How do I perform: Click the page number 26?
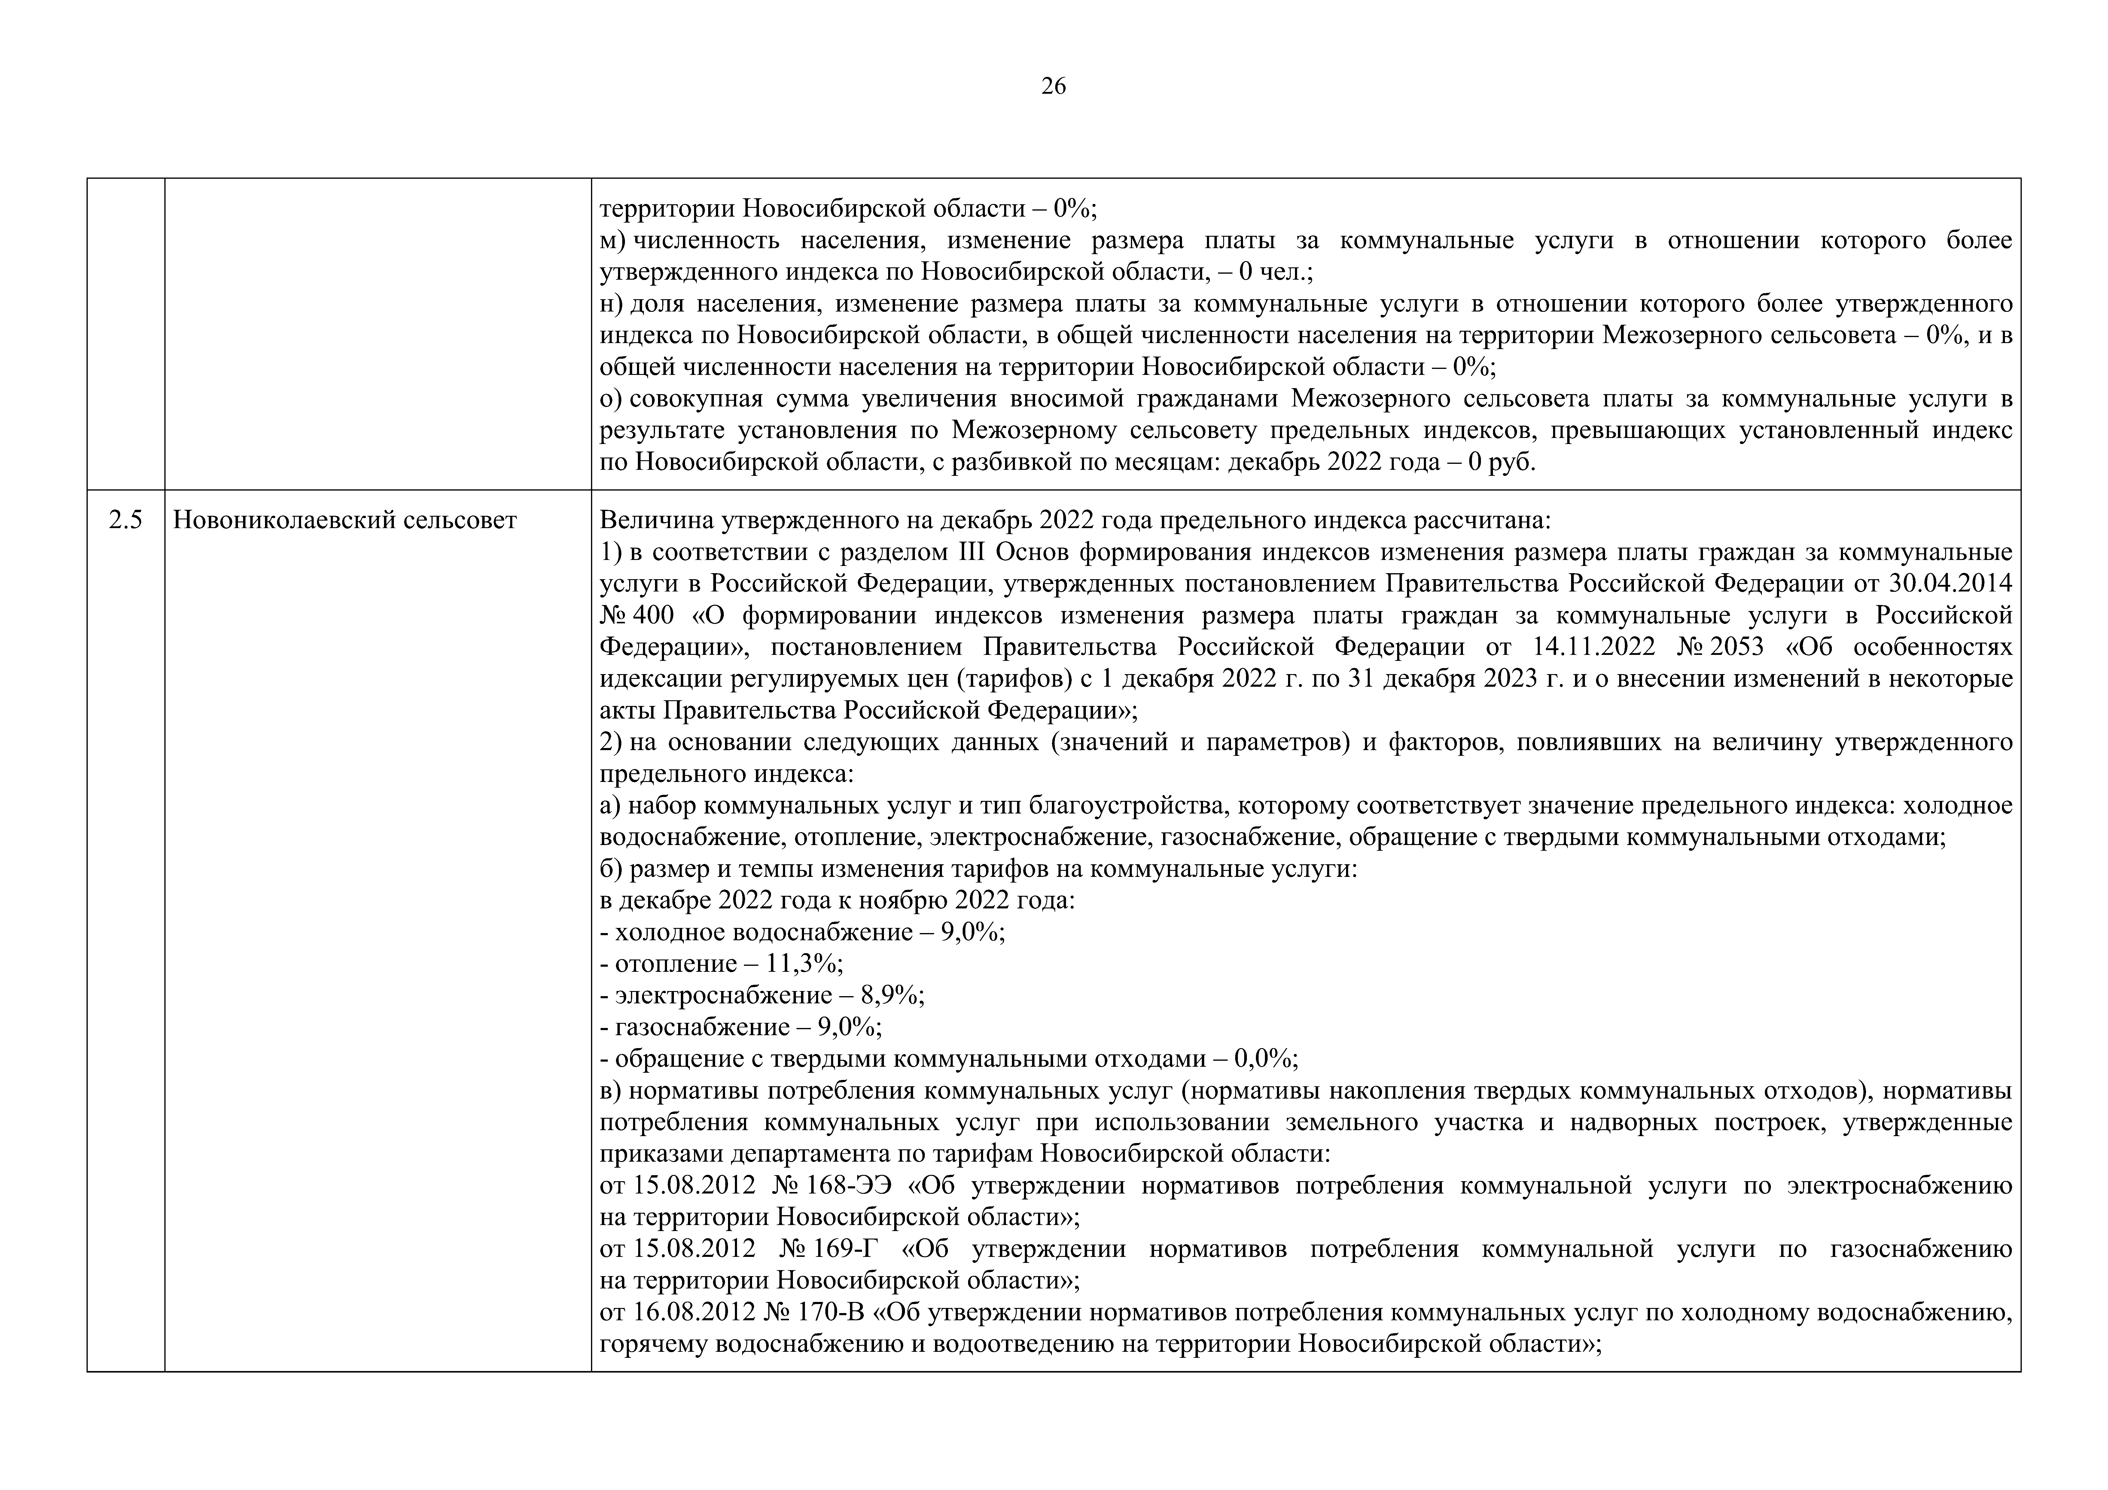click(x=1053, y=86)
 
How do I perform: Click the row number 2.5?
click(x=126, y=521)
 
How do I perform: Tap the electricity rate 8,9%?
click(x=891, y=995)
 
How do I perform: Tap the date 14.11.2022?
click(x=1594, y=647)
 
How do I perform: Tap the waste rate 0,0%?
click(x=1264, y=1059)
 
